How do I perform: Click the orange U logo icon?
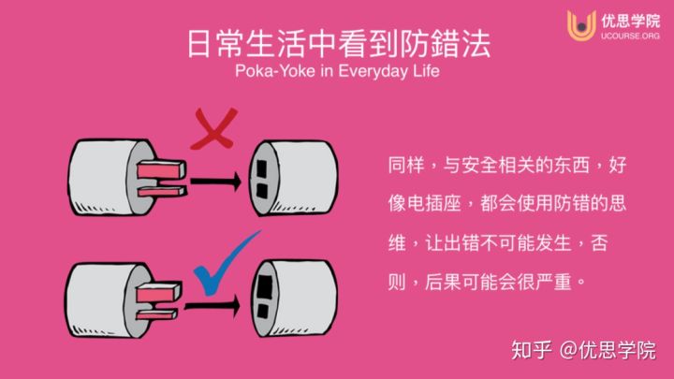tap(581, 25)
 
